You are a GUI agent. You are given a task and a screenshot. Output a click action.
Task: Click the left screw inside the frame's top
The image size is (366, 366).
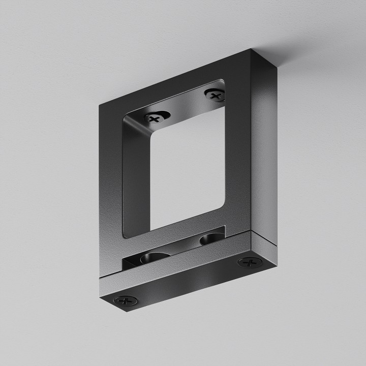155,117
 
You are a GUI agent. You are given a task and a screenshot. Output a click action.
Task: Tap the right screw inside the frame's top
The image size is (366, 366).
215,95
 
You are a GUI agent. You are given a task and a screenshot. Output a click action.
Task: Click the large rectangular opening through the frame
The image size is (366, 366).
188,168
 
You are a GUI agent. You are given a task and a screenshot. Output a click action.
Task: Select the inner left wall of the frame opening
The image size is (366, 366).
136,178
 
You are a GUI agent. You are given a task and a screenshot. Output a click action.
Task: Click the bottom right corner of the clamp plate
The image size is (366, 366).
278,264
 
